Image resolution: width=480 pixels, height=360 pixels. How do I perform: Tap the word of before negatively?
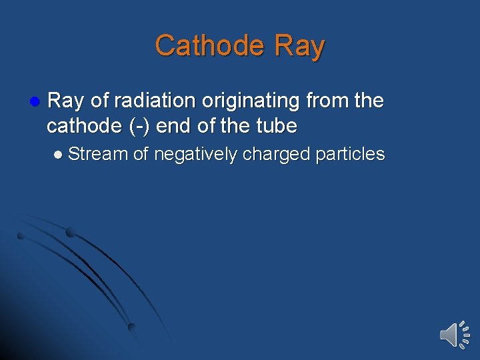tap(140, 155)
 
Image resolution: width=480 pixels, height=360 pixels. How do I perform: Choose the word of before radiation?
tap(99, 101)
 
